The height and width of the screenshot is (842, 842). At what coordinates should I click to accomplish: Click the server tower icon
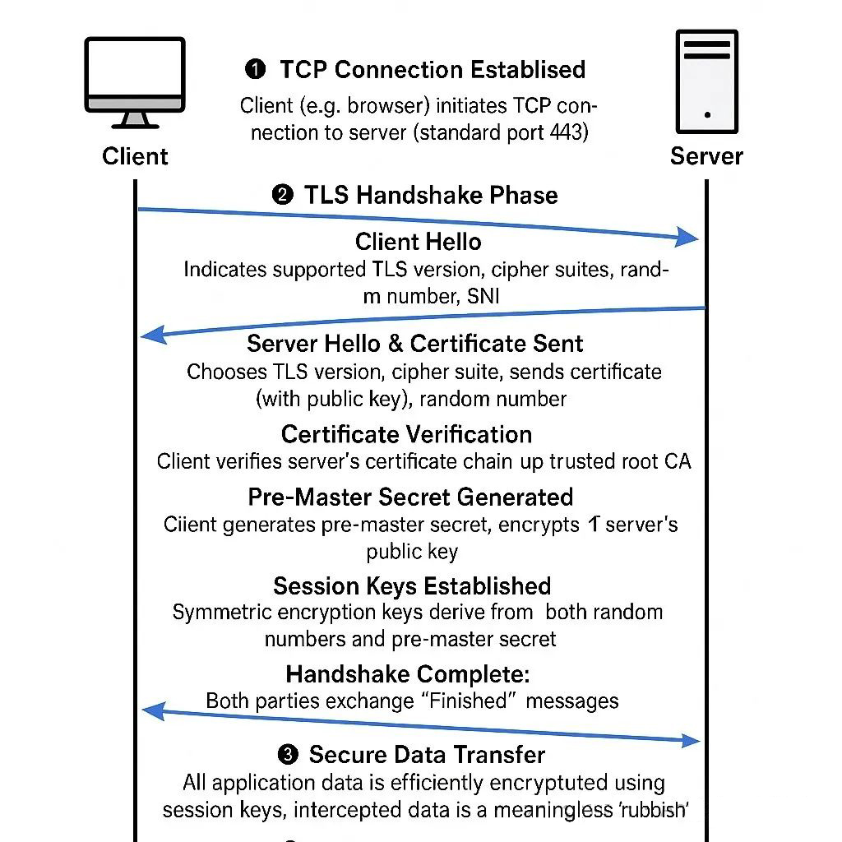pos(706,82)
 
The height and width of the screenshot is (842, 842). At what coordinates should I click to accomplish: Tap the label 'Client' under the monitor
pos(135,156)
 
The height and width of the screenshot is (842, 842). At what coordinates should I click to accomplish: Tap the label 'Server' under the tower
pos(706,156)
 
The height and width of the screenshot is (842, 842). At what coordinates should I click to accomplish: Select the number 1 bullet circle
pos(256,70)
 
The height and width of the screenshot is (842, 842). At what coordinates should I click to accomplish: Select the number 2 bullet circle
pos(281,196)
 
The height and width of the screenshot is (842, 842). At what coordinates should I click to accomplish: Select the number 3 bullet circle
pos(288,755)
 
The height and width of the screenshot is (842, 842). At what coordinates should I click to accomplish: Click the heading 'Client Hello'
pos(419,242)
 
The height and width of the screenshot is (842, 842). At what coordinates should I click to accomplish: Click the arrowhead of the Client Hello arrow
pos(689,239)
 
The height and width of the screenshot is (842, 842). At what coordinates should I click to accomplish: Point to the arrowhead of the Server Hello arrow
pos(150,334)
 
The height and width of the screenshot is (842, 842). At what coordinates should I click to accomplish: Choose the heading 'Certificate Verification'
pos(406,434)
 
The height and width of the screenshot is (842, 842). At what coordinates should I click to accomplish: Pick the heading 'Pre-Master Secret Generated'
pos(410,497)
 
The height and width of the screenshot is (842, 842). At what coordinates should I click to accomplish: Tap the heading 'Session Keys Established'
pos(412,586)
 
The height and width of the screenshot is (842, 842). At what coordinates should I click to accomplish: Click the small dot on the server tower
pos(707,115)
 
